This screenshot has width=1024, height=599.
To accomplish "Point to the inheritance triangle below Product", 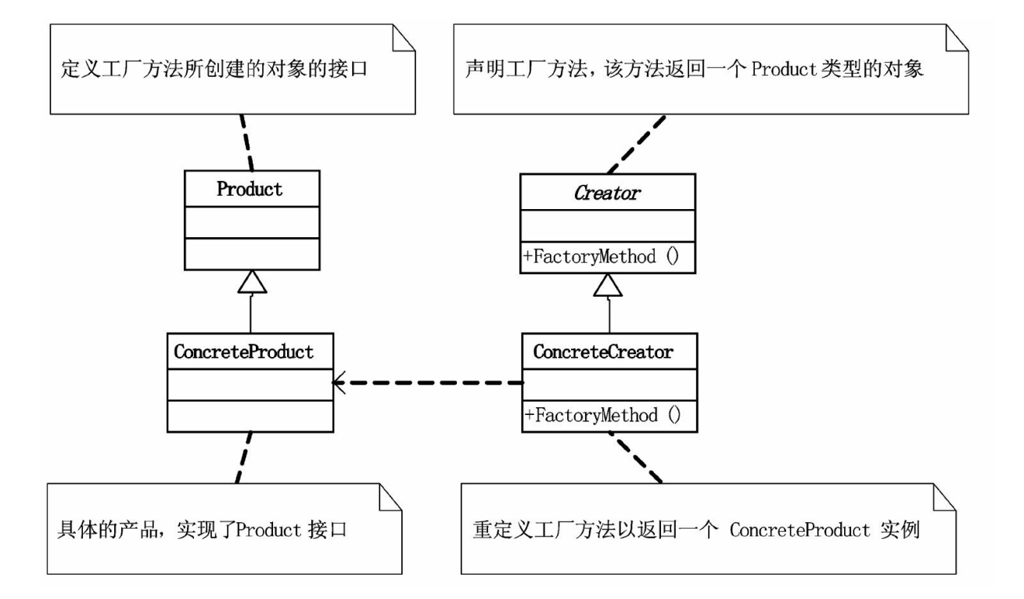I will [251, 282].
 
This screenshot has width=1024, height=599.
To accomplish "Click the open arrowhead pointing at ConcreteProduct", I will [340, 383].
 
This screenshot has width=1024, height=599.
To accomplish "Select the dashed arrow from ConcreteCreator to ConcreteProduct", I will [430, 383].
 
